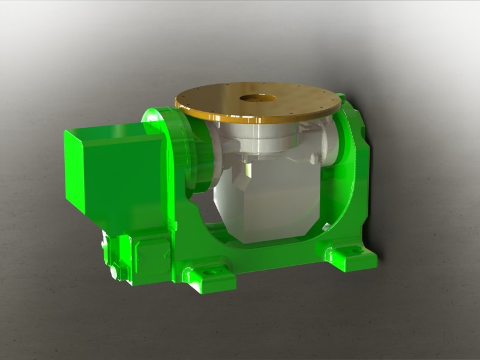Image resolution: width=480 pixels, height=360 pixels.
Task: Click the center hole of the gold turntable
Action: point(258,98)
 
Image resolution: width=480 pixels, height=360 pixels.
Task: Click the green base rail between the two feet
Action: point(276,255)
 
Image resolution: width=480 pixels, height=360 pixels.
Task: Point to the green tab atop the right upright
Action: point(342,97)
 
